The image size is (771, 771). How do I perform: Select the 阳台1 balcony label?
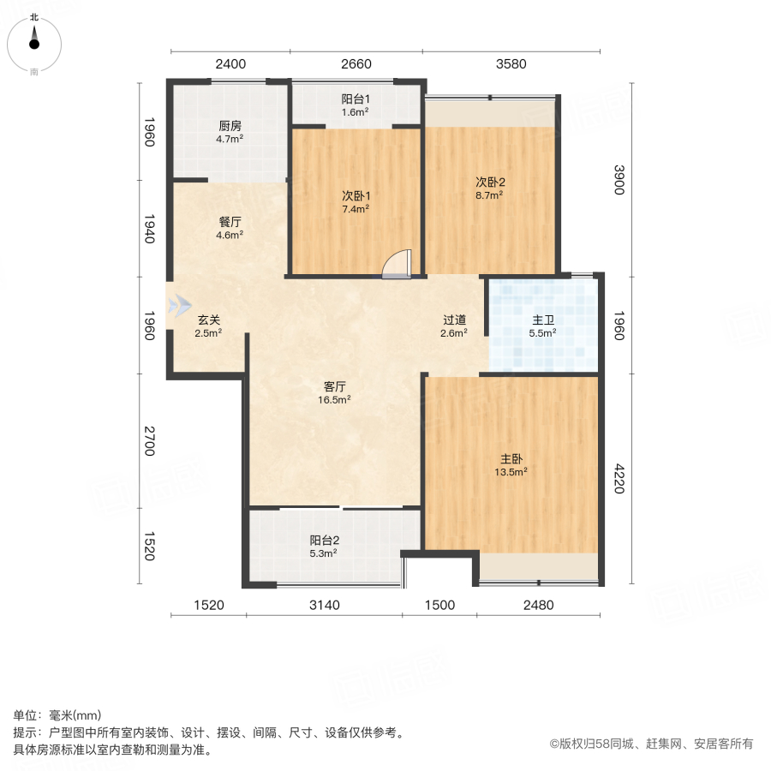coord(356,99)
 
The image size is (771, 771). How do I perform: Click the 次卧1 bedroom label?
coord(356,194)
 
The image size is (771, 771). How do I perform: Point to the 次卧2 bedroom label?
coord(490,182)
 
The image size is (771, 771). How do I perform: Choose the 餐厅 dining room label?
coord(230,221)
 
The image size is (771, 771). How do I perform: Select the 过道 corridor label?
coord(454,320)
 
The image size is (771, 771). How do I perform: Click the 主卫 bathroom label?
coord(543,320)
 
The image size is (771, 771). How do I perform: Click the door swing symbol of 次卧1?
coord(397,265)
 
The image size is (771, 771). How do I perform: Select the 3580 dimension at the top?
coord(510,63)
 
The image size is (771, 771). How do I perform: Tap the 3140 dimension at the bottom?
coord(325,605)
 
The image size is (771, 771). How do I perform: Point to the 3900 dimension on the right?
coord(618,181)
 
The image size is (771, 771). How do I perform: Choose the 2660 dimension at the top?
coord(356,63)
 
